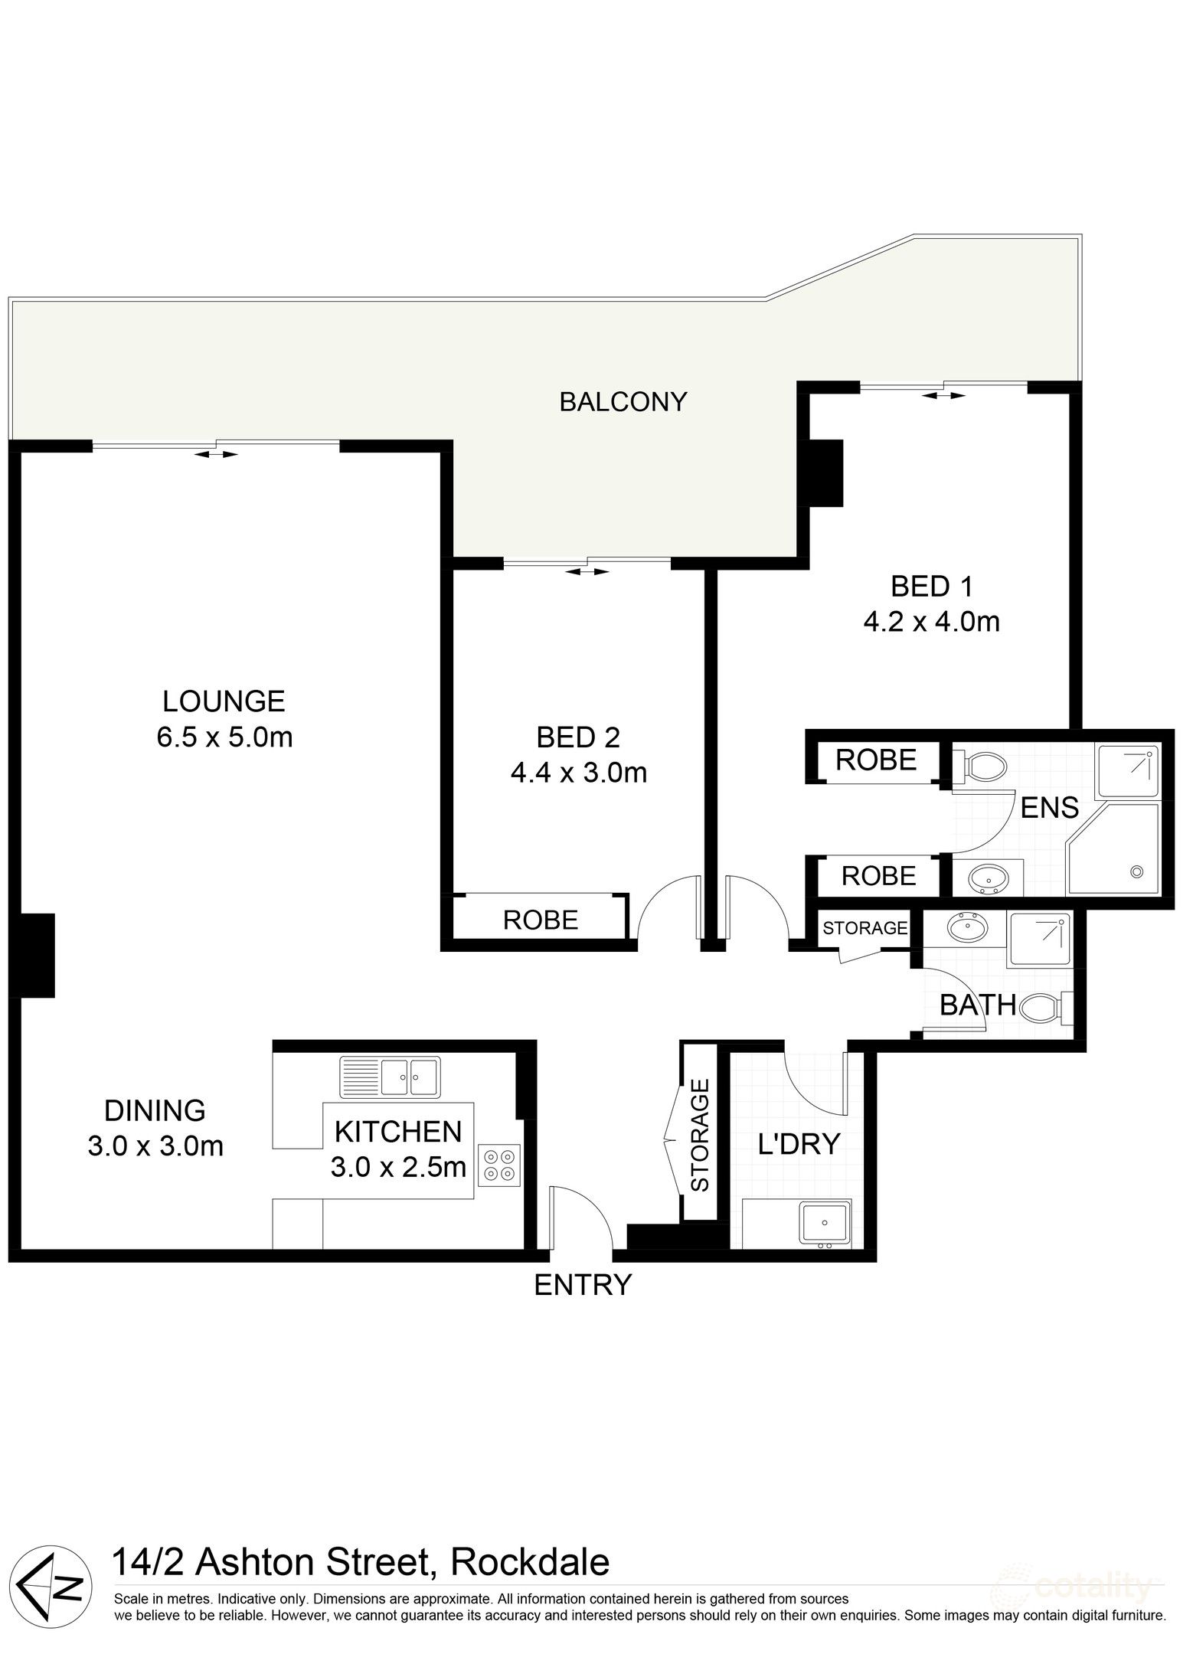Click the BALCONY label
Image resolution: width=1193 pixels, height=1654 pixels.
(623, 401)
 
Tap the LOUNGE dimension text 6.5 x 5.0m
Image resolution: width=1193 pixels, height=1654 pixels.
(224, 737)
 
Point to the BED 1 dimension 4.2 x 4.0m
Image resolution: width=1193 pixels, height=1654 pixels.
(931, 621)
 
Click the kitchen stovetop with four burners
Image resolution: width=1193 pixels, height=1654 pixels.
(499, 1166)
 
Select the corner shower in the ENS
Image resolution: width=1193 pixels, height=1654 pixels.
(1116, 849)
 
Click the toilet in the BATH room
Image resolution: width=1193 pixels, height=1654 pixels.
(1044, 1007)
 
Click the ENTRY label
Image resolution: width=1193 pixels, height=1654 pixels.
(583, 1284)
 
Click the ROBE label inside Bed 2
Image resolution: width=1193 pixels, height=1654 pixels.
(541, 919)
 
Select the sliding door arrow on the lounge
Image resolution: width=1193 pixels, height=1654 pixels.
(216, 454)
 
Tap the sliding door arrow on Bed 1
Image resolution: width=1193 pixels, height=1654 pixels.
(943, 395)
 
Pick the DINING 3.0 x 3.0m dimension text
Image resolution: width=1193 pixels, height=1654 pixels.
(155, 1146)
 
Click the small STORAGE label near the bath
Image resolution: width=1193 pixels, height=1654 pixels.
(865, 927)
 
